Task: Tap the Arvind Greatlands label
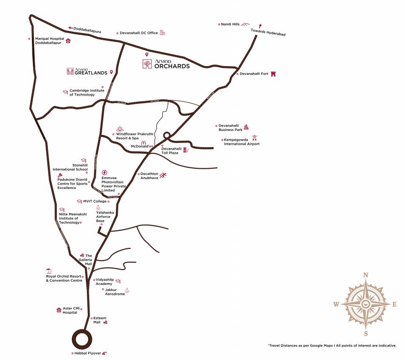(88, 72)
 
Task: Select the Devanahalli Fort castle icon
(273, 74)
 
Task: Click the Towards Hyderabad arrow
(260, 26)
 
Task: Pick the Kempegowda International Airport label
(242, 142)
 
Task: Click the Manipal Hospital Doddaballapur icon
(68, 41)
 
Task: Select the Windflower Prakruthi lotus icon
(119, 128)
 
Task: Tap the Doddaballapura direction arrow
(70, 29)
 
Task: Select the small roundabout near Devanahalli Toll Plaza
(167, 135)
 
